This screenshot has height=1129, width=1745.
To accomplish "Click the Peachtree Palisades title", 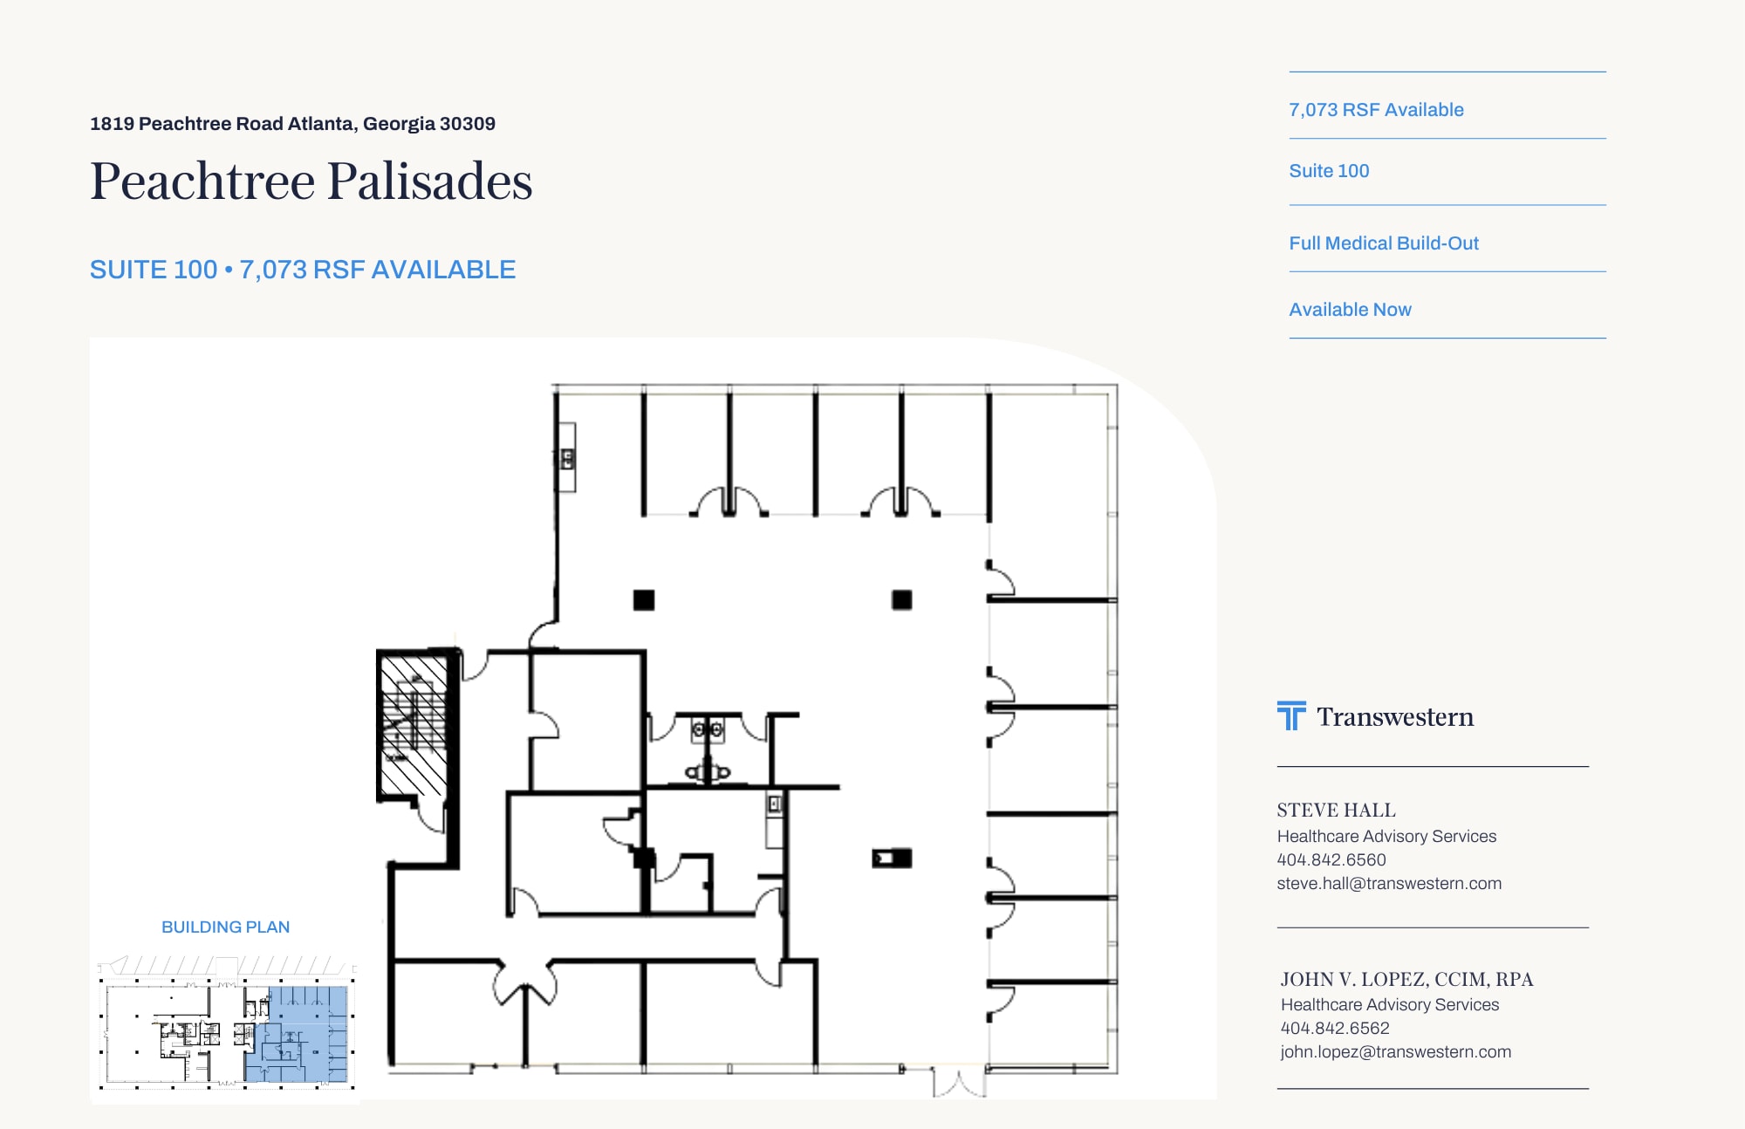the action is tap(311, 181).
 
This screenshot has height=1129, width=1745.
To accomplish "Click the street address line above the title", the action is tap(292, 124).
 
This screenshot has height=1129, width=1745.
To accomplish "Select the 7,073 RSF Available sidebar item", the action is tap(1376, 110).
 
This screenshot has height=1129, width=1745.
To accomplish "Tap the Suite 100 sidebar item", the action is tap(1329, 171).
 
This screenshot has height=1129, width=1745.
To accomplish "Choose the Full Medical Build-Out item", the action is tap(1384, 243).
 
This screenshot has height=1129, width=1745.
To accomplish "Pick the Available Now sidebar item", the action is tap(1350, 310).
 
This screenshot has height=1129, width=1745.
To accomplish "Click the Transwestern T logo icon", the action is tap(1291, 715).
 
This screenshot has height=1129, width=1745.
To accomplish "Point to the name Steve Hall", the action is tap(1336, 811).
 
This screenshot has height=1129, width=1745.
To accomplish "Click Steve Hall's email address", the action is tap(1389, 883).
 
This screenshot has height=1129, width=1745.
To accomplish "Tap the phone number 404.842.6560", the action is tap(1331, 859).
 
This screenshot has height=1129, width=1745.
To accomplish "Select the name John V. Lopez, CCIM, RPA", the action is tap(1406, 980).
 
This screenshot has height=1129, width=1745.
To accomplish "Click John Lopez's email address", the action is tap(1395, 1052).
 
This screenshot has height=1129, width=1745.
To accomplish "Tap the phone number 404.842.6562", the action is tap(1335, 1029).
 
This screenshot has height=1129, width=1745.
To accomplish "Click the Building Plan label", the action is tap(225, 927).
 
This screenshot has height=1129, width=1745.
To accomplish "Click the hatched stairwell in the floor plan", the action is tap(414, 724).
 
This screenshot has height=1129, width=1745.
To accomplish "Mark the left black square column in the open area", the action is tap(644, 600).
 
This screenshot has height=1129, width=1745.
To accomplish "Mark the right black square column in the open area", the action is tap(902, 600).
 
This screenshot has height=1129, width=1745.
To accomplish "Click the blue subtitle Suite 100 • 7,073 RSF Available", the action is tap(303, 270).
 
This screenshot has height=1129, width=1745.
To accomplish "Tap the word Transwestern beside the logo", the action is tap(1395, 717).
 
